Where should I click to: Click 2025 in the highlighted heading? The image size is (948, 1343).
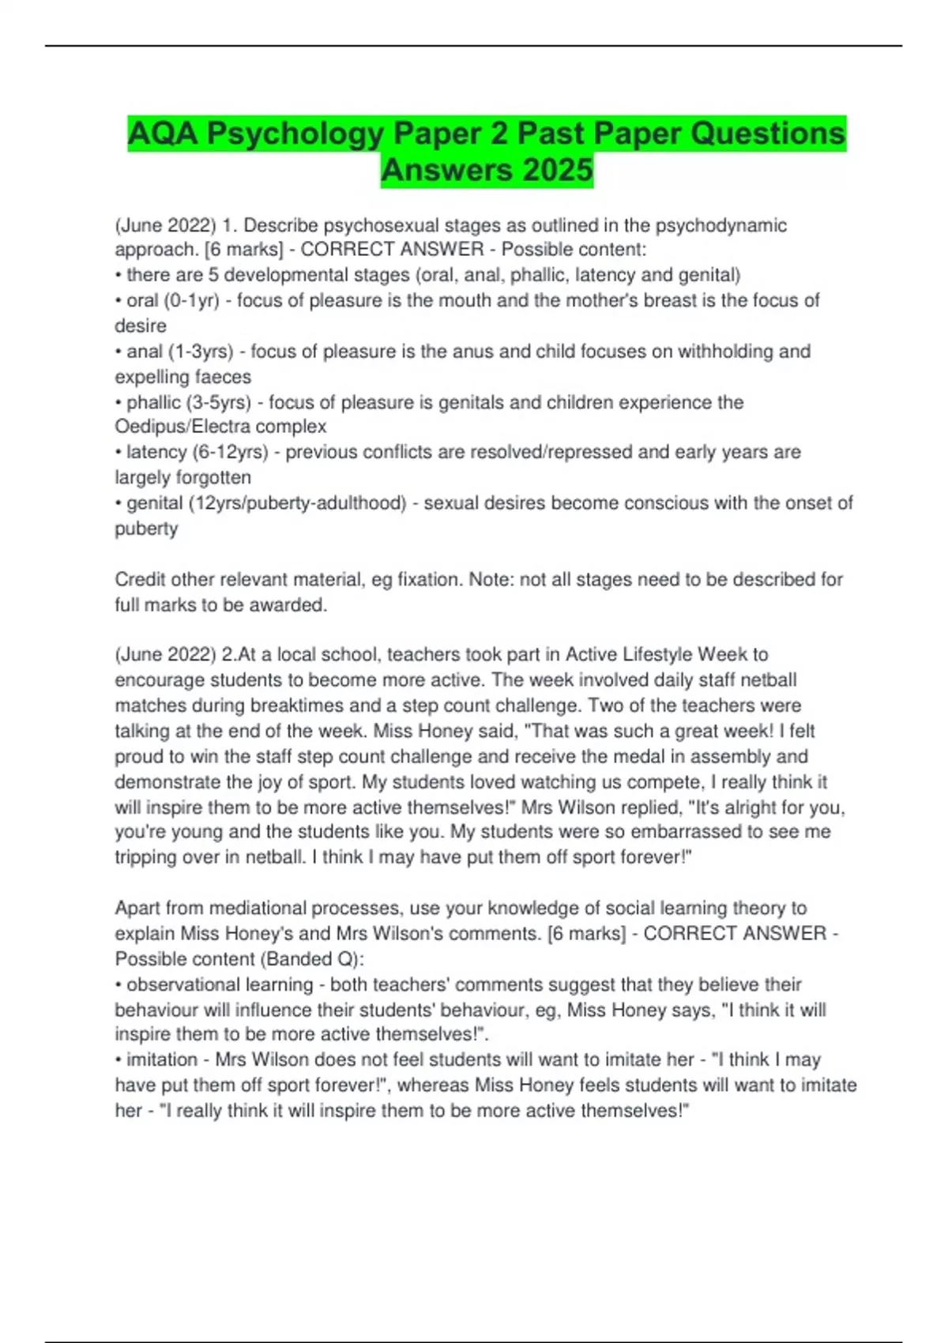click(551, 170)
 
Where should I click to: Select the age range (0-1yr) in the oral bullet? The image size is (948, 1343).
click(191, 300)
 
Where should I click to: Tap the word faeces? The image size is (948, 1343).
click(223, 377)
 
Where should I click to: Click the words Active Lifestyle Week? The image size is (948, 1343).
click(656, 654)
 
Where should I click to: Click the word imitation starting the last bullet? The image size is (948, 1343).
click(162, 1059)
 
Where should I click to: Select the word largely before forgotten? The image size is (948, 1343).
click(142, 478)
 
